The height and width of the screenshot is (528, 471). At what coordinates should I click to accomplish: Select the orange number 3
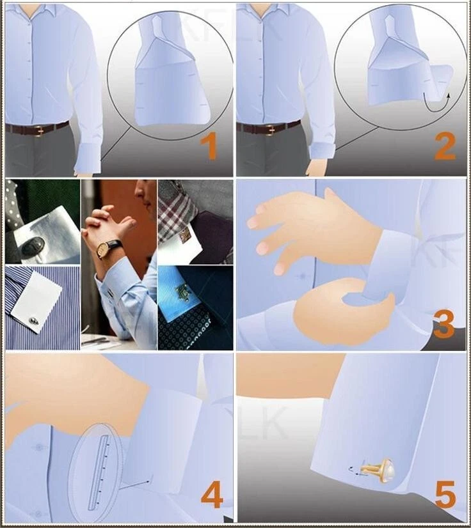point(443,324)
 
